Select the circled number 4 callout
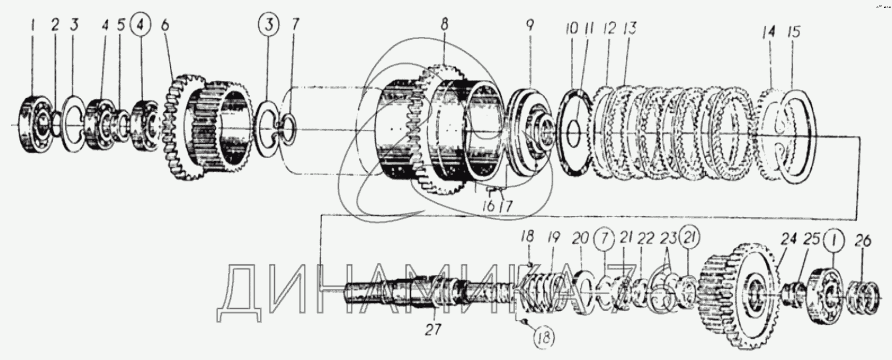(141, 26)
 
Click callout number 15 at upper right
(794, 32)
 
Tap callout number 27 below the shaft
(433, 330)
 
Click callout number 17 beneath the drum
(506, 206)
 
